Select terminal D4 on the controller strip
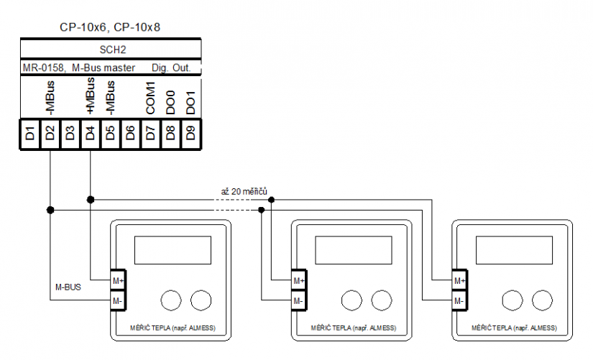coord(90,132)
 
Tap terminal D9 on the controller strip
coord(190,132)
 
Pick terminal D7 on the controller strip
coord(150,132)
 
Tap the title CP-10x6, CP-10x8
coord(110,27)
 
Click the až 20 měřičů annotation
coord(244,192)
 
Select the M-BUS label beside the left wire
coord(69,286)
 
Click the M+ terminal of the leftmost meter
coord(117,280)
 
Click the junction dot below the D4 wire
coord(90,198)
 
